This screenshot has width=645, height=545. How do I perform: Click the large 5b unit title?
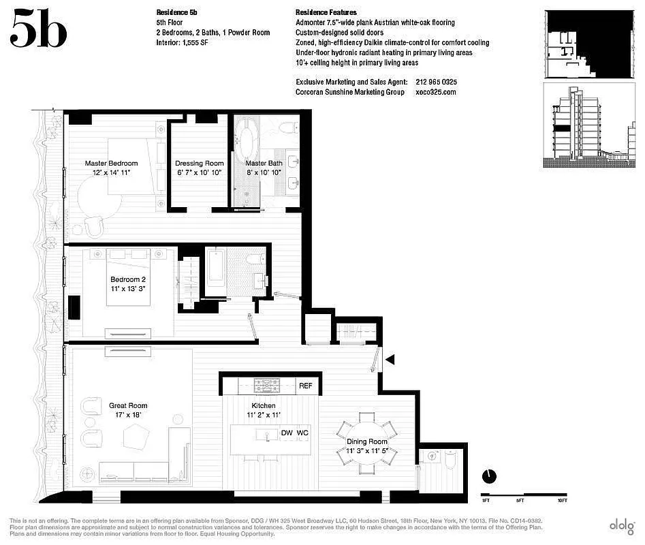point(39,29)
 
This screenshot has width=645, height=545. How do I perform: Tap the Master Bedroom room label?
point(111,163)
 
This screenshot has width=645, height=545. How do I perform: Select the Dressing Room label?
point(199,163)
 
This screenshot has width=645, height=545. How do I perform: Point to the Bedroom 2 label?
point(128,279)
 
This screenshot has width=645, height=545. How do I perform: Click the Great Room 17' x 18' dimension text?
point(128,414)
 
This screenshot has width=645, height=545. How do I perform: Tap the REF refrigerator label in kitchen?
point(306,386)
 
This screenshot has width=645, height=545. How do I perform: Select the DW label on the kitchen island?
point(287,433)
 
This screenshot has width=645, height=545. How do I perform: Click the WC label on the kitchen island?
point(302,433)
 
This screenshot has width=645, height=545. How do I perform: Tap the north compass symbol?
point(488,476)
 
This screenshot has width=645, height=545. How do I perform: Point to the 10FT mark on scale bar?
point(563,500)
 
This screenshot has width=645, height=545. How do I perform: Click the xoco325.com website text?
point(435,92)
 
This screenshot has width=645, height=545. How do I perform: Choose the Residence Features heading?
point(326,12)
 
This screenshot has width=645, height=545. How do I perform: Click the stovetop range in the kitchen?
point(263,386)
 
